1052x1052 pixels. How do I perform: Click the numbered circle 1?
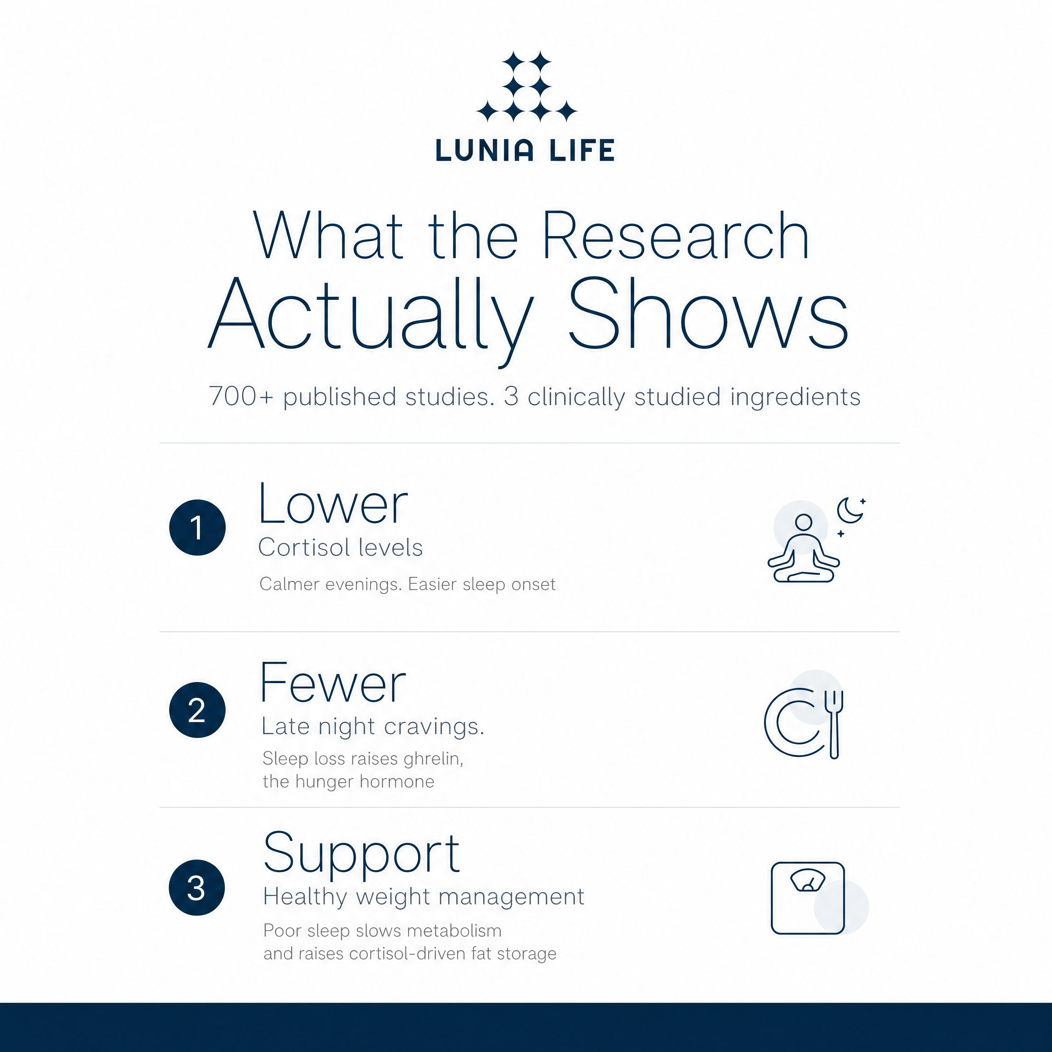[x=197, y=527]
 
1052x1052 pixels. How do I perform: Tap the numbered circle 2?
[x=197, y=710]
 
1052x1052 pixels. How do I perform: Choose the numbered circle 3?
[x=197, y=888]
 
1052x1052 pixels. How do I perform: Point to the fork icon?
[x=834, y=724]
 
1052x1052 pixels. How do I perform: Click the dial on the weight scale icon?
[x=808, y=880]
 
